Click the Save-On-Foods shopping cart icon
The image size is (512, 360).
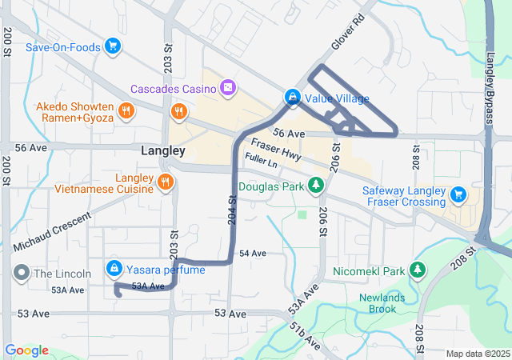click(114, 47)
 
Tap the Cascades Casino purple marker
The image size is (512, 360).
click(228, 86)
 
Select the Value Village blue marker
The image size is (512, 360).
click(293, 98)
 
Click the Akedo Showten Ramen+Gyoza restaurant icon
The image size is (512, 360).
click(125, 111)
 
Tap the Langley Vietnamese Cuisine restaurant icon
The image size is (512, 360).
click(165, 182)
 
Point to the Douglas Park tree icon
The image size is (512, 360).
click(316, 186)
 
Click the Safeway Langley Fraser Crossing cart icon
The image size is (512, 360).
click(458, 193)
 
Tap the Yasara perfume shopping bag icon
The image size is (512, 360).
click(114, 268)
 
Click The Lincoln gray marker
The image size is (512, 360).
click(21, 273)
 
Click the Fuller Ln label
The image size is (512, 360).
click(262, 163)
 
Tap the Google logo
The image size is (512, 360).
click(26, 350)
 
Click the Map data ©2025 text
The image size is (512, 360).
click(477, 354)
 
